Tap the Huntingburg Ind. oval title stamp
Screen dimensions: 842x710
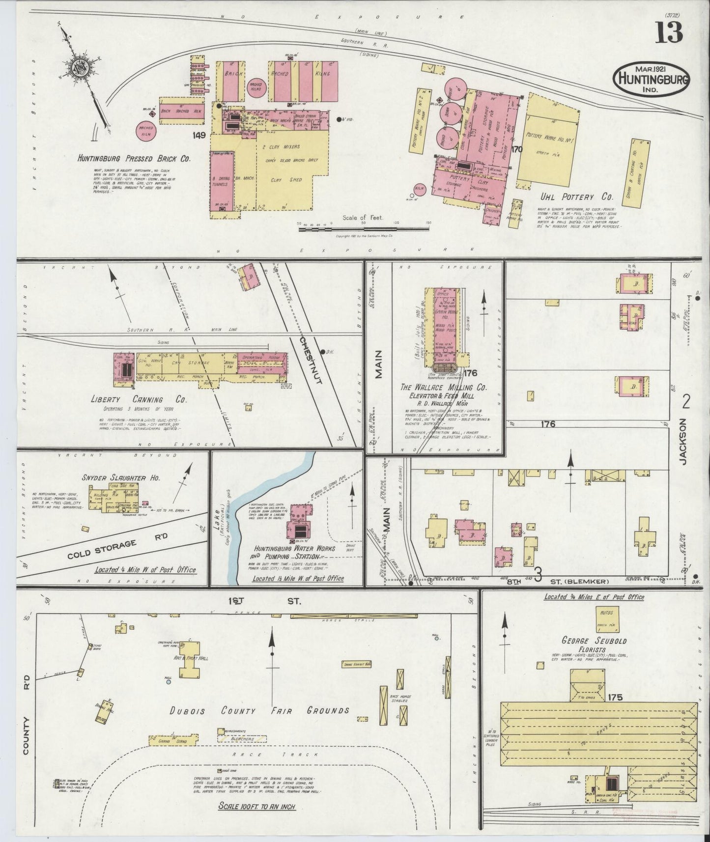[x=651, y=78]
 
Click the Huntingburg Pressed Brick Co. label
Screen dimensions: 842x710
[x=134, y=159]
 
